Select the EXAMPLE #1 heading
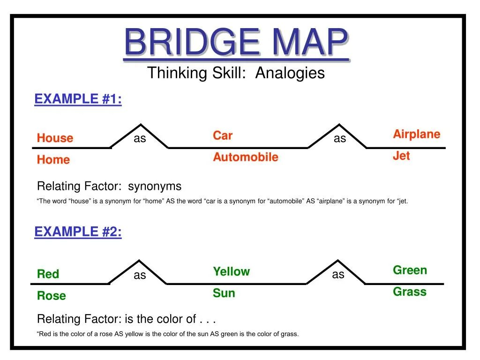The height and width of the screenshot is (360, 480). point(78,99)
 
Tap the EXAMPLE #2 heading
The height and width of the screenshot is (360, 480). point(78,232)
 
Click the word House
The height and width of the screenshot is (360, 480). point(55,138)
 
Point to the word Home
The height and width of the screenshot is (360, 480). point(53,160)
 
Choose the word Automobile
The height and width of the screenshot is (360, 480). point(245,157)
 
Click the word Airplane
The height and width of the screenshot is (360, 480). point(416,135)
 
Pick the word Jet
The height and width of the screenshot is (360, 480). point(401,156)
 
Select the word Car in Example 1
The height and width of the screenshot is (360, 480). point(222,136)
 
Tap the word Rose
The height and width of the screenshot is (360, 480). point(51,296)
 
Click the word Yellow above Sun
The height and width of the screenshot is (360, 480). point(231,272)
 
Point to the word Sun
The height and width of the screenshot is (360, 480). point(224,293)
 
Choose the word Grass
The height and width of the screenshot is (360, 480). point(409,292)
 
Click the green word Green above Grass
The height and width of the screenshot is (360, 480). point(410,270)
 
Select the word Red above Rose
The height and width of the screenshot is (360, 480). point(48,274)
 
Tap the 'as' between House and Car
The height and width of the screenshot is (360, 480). point(140,139)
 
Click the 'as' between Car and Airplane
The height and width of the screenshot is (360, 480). point(339,139)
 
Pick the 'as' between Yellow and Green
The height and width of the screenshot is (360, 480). point(338,275)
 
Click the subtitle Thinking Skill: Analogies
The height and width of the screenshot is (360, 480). point(236,73)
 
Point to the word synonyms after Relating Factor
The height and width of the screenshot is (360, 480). point(155,186)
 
